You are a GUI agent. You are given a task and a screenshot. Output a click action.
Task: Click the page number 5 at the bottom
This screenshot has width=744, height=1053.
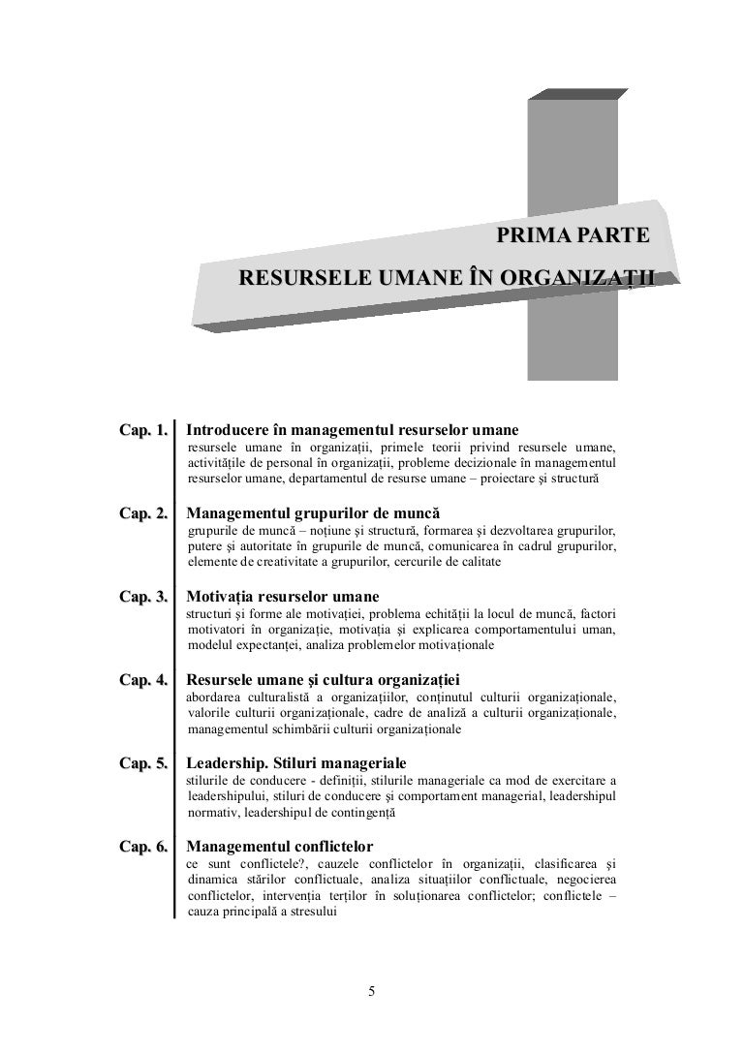pos(372,990)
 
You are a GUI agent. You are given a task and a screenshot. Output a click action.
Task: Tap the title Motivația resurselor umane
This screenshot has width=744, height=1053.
pos(282,595)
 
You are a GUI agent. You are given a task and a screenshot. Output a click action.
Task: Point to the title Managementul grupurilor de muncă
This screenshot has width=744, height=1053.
pos(312,511)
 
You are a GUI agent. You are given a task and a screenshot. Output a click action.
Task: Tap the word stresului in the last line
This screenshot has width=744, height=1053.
pos(310,912)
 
